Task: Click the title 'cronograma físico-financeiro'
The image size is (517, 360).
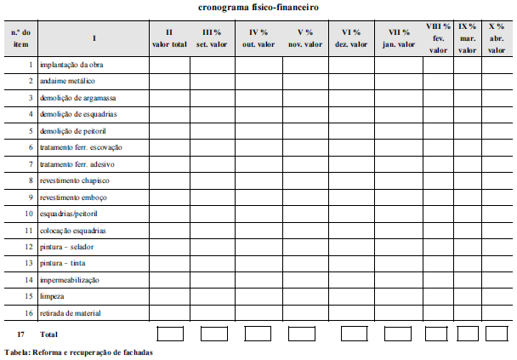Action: [258, 8]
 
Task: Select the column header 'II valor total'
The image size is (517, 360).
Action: [169, 38]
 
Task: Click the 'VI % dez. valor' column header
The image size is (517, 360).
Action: [352, 38]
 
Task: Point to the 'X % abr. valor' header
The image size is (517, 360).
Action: [497, 38]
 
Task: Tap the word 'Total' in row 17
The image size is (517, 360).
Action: [49, 334]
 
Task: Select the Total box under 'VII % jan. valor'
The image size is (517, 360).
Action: [398, 334]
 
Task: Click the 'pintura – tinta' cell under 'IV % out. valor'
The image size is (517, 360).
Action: [258, 264]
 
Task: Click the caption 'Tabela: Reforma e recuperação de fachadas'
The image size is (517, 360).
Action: [79, 351]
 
